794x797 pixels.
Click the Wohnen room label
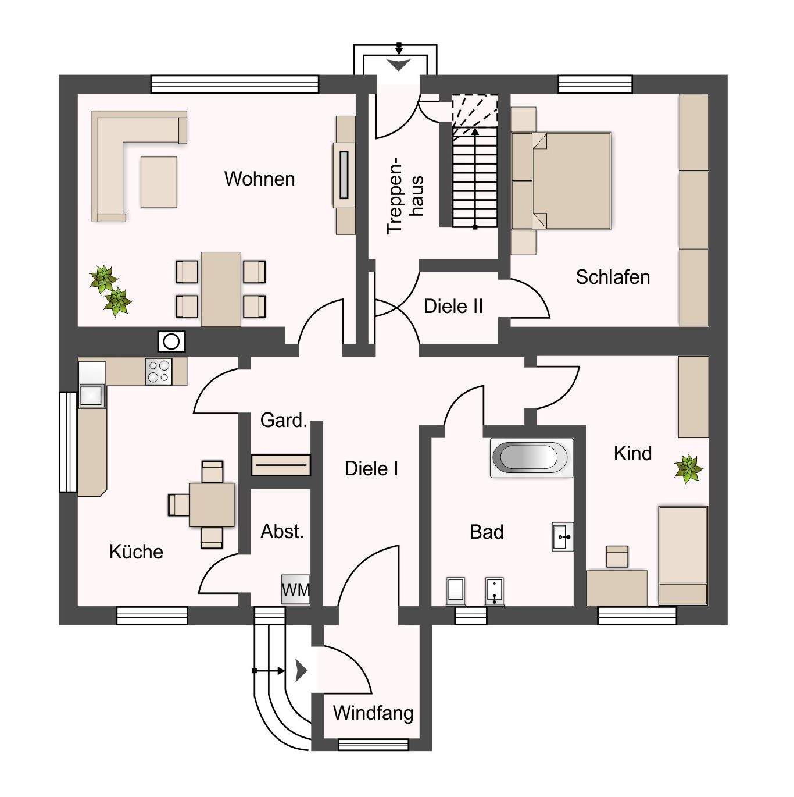click(259, 179)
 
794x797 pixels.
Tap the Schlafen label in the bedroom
click(613, 277)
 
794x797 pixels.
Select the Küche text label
click(136, 552)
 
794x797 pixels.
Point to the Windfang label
click(373, 713)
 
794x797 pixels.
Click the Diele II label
click(453, 306)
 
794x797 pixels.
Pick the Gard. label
click(284, 420)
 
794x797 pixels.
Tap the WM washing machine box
click(296, 589)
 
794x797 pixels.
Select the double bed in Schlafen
click(571, 180)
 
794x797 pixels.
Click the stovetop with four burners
click(158, 371)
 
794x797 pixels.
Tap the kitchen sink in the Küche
click(91, 396)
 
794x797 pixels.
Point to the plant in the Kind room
click(689, 469)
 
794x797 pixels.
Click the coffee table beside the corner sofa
click(159, 182)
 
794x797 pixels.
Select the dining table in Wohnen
click(221, 289)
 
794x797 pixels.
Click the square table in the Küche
click(212, 504)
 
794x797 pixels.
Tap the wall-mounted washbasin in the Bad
click(562, 536)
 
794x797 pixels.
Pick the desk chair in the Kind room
click(617, 557)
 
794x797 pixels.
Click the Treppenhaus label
click(405, 195)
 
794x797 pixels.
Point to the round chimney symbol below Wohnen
click(171, 341)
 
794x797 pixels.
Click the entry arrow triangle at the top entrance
click(399, 65)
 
